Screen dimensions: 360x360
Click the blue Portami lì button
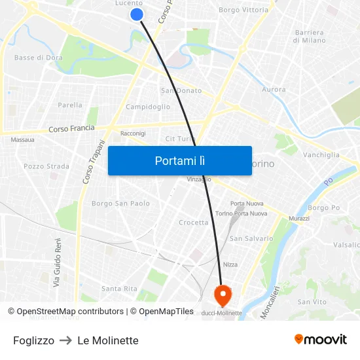(x=180, y=160)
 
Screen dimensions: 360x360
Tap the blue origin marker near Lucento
(x=137, y=14)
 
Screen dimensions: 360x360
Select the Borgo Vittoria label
(x=243, y=10)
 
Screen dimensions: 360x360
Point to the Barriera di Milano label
(x=310, y=36)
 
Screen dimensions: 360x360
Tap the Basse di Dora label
(x=39, y=58)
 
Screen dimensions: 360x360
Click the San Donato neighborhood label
(x=181, y=90)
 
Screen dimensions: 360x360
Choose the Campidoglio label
(x=148, y=107)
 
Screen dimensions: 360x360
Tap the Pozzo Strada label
(x=46, y=166)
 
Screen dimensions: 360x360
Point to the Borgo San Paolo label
(x=120, y=204)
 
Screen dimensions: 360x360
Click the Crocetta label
(x=194, y=223)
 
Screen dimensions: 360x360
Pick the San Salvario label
(x=251, y=238)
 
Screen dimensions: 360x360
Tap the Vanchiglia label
(x=321, y=155)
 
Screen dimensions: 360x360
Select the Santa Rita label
(x=119, y=289)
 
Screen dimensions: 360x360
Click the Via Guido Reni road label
(x=58, y=262)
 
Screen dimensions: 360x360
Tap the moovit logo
(x=321, y=339)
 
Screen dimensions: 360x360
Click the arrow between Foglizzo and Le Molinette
(x=65, y=340)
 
